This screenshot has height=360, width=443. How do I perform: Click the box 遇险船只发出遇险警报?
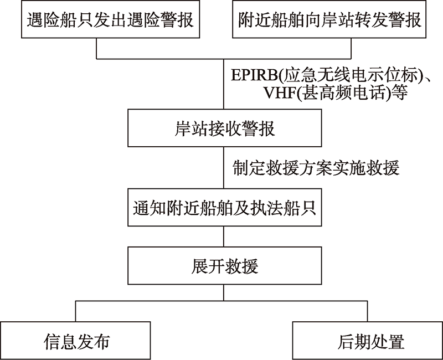(110, 19)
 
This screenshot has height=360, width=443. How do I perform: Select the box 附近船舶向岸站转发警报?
(329, 19)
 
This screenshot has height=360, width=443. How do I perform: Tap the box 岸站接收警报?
(225, 128)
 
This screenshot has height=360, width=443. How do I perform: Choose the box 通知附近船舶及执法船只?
(225, 207)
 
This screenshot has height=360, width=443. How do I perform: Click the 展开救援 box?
(225, 266)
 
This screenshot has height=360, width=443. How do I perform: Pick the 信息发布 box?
(75, 341)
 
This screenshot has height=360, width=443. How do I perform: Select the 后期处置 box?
(368, 341)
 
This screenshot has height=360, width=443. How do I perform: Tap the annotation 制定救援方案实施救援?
(316, 168)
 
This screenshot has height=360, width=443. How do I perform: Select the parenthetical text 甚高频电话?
(344, 92)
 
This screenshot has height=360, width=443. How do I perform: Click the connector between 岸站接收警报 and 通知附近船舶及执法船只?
(224, 168)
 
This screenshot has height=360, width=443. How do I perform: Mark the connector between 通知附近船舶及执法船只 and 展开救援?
(224, 236)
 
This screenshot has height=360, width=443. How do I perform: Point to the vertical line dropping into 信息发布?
(76, 311)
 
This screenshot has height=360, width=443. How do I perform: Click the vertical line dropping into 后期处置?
(368, 311)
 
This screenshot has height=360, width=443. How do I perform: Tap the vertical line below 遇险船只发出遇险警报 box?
(96, 48)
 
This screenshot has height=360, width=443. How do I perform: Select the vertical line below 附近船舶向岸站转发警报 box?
(351, 48)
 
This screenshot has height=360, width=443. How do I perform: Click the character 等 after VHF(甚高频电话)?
(399, 92)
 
